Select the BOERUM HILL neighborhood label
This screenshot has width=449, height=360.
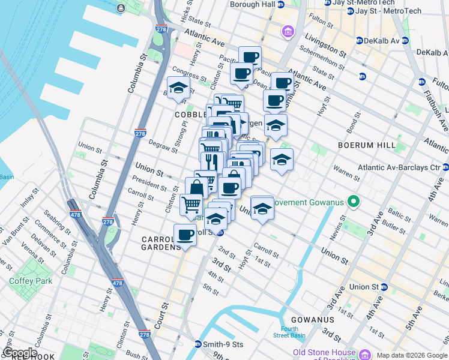pyautogui.click(x=366, y=145)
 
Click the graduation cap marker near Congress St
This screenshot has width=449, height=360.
pyautogui.click(x=178, y=88)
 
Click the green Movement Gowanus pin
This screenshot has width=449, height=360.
pyautogui.click(x=354, y=202)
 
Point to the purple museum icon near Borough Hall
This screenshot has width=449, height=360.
pyautogui.click(x=288, y=31)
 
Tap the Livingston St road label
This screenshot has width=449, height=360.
pyautogui.click(x=325, y=45)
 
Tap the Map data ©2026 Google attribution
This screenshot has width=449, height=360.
pyautogui.click(x=412, y=355)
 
